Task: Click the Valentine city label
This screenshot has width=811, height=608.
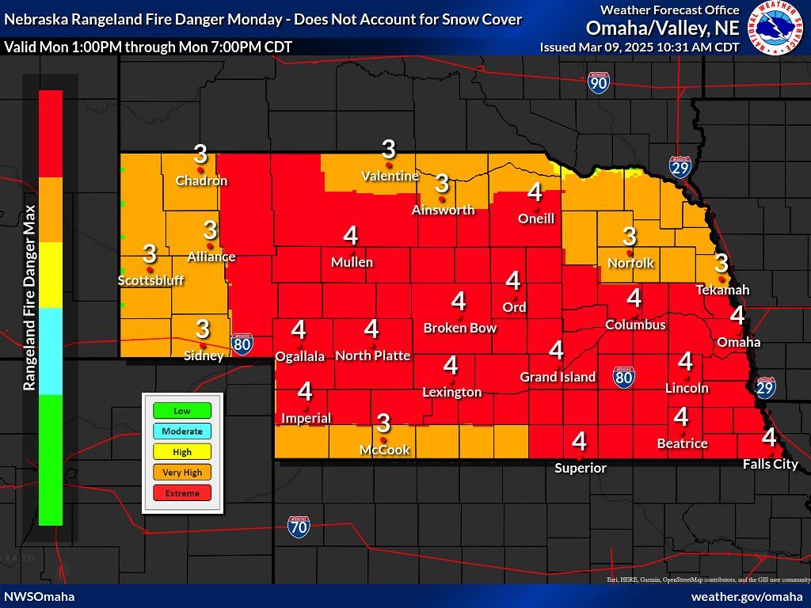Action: pos(390,176)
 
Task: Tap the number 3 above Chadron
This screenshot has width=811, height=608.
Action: pos(200,153)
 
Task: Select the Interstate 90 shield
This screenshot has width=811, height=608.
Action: pos(599,83)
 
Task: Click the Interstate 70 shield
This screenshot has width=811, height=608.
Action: pos(299,526)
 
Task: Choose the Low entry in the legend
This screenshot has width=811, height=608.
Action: pos(182,411)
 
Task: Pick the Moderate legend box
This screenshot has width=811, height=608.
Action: pos(182,431)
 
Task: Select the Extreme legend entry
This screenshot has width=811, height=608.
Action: pos(182,493)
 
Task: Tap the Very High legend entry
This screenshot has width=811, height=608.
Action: pos(182,473)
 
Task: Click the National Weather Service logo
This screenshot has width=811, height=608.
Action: pos(778,28)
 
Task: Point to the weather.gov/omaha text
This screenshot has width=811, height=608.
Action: pos(747,596)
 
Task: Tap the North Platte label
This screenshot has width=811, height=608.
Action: pos(372,355)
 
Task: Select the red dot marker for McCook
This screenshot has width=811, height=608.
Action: pos(384,439)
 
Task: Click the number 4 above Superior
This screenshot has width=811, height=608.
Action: pos(579,441)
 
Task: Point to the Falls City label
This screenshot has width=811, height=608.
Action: pos(770,464)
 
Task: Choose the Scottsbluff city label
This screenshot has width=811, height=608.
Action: pos(150,280)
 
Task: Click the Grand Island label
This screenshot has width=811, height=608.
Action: pos(558,377)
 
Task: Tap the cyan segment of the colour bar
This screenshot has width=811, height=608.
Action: pos(51,351)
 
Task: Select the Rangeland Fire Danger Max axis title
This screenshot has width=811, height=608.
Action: pos(29,297)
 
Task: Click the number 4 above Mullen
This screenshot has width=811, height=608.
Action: pos(350,235)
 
